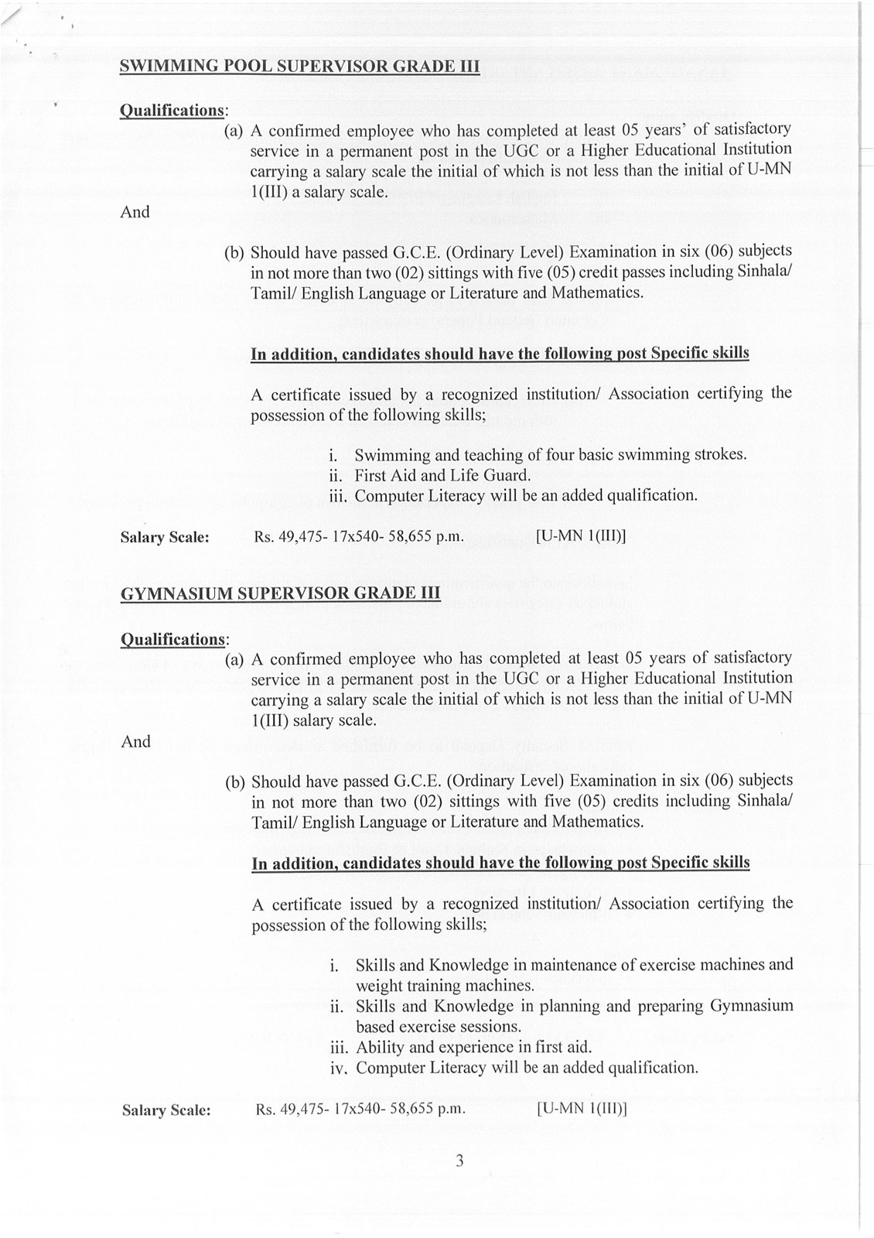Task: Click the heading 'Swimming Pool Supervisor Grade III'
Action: click(300, 67)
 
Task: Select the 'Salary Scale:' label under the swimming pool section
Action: click(165, 536)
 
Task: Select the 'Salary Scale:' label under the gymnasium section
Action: click(166, 1110)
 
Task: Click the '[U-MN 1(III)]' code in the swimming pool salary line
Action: click(580, 535)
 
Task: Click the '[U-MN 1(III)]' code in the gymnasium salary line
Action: click(581, 1109)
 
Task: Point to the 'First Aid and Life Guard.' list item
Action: click(442, 475)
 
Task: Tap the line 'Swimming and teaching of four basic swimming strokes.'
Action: click(550, 454)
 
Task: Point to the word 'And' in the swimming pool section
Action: click(135, 212)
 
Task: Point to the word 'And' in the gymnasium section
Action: click(136, 742)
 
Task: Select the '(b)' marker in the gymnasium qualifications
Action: click(235, 781)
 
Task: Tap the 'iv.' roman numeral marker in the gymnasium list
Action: click(340, 1069)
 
